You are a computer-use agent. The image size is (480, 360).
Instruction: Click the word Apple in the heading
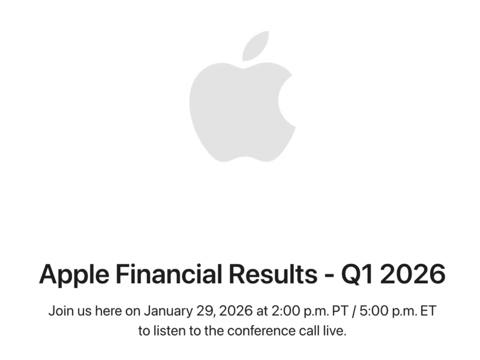coord(74,274)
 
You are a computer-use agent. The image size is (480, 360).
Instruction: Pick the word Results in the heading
coord(274,274)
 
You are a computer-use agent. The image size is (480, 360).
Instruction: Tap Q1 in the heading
coord(358,274)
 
